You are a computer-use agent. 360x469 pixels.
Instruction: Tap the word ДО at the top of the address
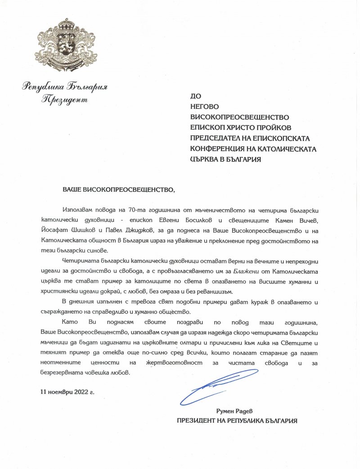click(196, 95)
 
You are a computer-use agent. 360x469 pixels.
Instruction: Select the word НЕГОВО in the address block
click(205, 106)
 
